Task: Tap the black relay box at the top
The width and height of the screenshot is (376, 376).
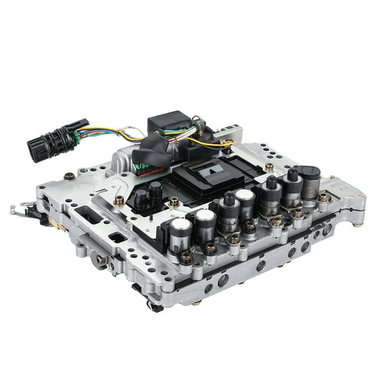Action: coord(168,123)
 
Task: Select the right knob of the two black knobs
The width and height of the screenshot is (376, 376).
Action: coord(155,191)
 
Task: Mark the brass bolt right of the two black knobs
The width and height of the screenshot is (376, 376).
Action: coord(174,202)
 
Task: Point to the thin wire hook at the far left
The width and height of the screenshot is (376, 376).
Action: coord(20,210)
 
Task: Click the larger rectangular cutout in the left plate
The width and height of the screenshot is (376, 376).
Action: coord(86,215)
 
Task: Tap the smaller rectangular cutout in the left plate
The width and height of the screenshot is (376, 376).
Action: coord(118,237)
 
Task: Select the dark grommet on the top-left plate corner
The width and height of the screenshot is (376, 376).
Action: coord(69,176)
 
